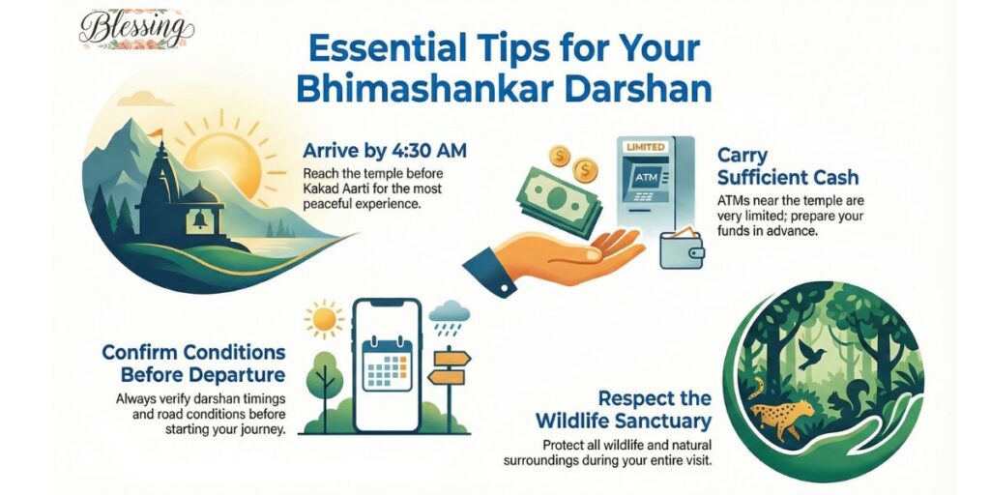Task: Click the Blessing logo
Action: (135, 28)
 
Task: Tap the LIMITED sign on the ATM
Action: (646, 147)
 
